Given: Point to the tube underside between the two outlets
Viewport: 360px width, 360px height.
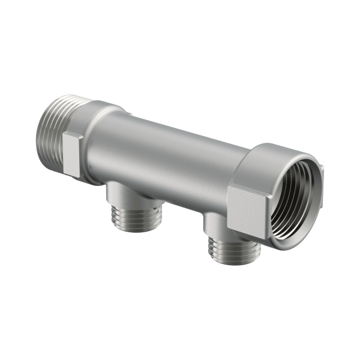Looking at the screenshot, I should pos(174,201).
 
